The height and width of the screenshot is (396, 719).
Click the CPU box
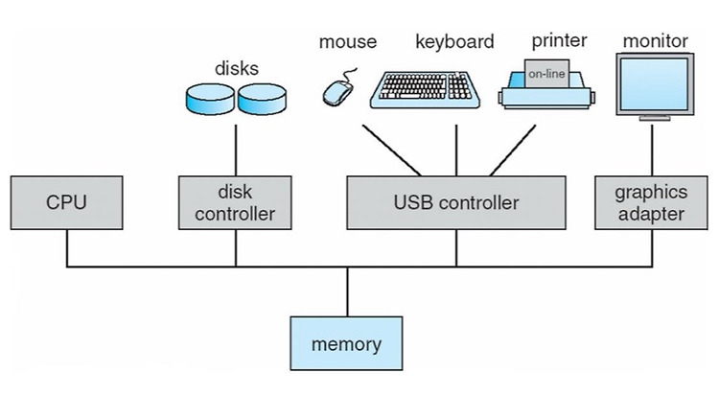tap(66, 202)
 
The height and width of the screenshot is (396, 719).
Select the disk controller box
tap(235, 202)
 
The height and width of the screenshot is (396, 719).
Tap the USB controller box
tap(456, 202)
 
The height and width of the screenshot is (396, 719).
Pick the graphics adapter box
tap(651, 202)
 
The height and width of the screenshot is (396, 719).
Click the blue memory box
tap(347, 343)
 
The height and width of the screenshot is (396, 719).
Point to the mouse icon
tap(338, 88)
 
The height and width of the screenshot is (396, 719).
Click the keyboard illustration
tap(425, 90)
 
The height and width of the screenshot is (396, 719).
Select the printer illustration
tap(546, 84)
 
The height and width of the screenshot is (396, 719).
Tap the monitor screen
tap(655, 84)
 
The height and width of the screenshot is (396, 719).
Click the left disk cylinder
tap(211, 99)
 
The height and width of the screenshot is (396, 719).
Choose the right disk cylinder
tap(263, 99)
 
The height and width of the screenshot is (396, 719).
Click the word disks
tap(237, 68)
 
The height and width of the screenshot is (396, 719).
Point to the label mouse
tap(348, 42)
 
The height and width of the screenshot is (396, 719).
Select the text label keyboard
tap(454, 41)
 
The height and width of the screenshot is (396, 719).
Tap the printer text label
tap(560, 40)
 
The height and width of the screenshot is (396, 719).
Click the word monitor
tap(656, 41)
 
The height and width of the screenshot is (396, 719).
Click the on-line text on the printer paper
tap(546, 74)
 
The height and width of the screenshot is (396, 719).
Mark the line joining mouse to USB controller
tap(391, 150)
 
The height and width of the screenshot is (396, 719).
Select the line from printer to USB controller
tap(513, 150)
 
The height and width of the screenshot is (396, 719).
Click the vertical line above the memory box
tap(347, 291)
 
